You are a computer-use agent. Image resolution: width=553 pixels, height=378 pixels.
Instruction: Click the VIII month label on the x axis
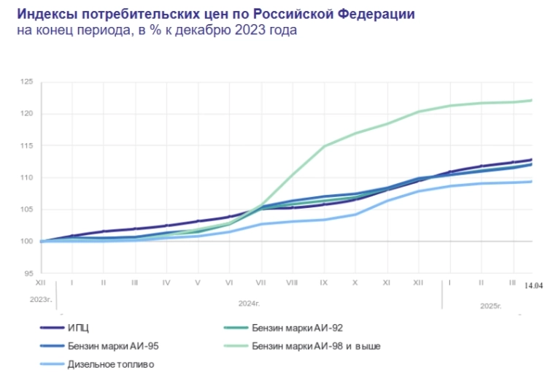(x=292, y=281)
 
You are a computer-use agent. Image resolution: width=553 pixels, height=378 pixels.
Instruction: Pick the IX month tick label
(x=323, y=281)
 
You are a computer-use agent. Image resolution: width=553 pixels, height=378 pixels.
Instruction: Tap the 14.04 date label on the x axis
(x=533, y=285)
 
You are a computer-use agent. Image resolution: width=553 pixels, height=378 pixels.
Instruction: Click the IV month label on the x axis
(x=166, y=281)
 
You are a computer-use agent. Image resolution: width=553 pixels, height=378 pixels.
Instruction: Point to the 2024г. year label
(x=250, y=301)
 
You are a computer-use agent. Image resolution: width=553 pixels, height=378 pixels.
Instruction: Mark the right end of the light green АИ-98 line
(x=531, y=100)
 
